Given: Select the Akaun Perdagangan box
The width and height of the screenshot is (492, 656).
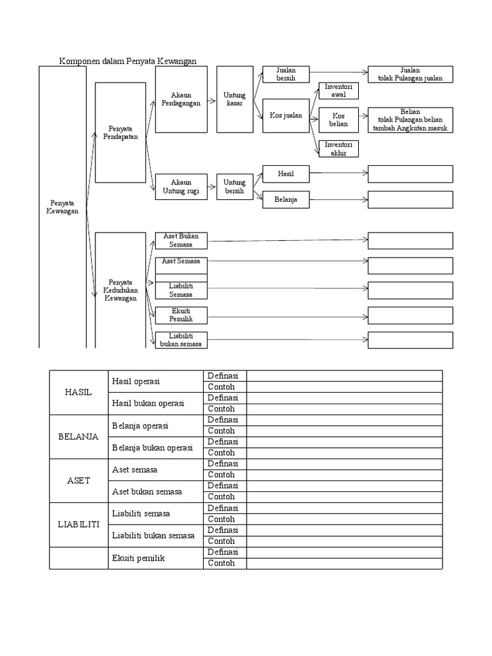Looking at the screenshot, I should pos(181,99).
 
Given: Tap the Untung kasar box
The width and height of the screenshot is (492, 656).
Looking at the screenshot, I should pos(234,99).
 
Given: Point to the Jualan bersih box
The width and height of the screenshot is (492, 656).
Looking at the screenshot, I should pos(286,74).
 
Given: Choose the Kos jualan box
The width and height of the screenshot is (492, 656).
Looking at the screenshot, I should pos(286,116).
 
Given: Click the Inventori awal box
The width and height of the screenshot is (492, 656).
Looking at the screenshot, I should pos(338,90).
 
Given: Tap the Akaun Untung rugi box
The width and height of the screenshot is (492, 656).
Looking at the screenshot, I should pos(181,186).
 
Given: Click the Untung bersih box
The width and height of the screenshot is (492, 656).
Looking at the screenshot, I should pos(234,186).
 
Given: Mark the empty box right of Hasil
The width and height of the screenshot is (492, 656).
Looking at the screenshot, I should pos(410,174).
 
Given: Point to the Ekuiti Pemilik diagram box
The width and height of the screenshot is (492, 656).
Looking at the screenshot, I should pos(181,315).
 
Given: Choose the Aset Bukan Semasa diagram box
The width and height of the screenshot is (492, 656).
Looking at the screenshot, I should pos(181,240).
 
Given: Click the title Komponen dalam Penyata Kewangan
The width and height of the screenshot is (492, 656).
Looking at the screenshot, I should pos(127,61).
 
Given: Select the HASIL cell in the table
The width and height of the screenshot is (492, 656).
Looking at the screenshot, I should pos(79,392).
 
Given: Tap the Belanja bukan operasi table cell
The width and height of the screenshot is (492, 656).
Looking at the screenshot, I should pos(152,448).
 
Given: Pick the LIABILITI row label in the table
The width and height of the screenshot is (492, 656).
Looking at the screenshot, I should pos(79,524).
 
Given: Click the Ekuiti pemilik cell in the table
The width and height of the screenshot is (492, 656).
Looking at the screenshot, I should pos(138,558).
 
